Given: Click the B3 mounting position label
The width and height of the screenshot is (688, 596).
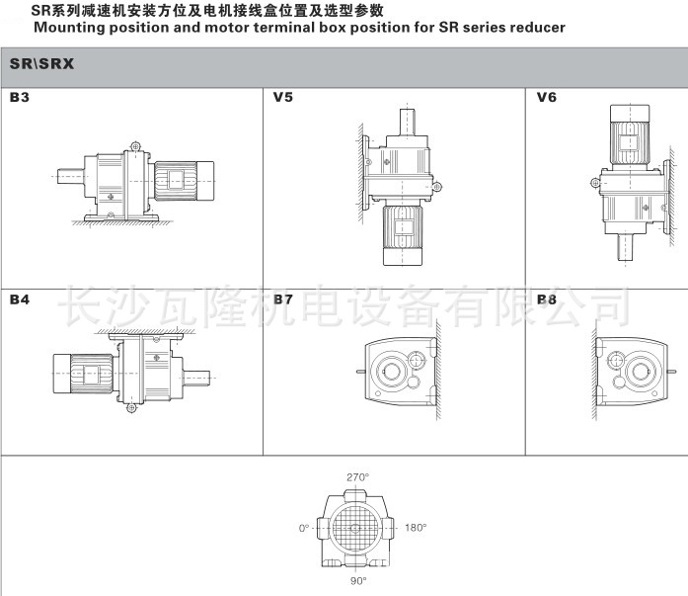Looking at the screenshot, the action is point(20,97).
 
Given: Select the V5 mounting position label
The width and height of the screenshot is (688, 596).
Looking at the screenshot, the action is point(282,97).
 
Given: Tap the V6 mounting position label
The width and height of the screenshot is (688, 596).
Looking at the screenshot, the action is point(546,97).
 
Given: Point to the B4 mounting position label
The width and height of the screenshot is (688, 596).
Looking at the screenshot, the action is point(20,299).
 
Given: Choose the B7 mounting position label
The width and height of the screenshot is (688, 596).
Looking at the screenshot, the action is point(282,299).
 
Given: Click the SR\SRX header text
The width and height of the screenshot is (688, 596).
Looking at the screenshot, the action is point(41,64).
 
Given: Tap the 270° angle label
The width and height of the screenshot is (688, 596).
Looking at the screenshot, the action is point(357,477).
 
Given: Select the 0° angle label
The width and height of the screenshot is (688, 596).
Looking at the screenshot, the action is point(304,528).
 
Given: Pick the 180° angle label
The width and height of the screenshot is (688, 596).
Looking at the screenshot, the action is point(416,528).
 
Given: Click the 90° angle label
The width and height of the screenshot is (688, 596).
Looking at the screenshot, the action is point(358,580).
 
